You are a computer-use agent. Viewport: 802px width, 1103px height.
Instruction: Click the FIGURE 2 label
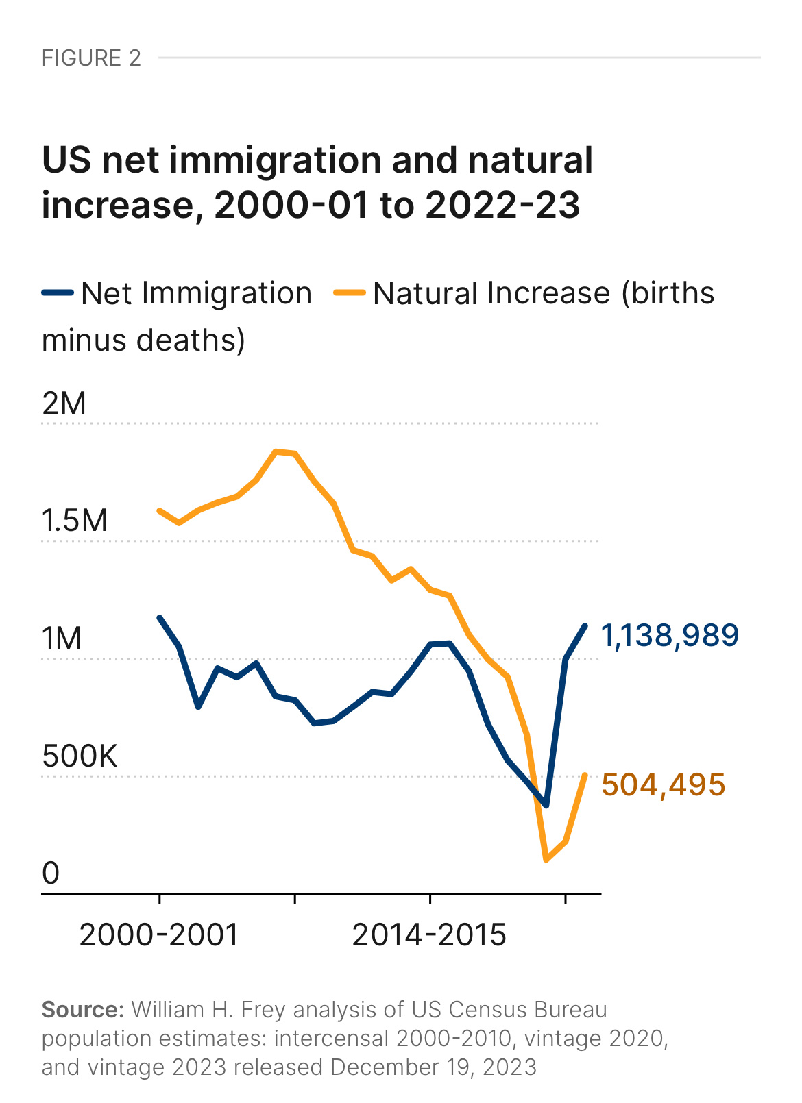click(91, 58)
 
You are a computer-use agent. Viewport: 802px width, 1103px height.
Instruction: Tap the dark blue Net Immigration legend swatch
click(58, 293)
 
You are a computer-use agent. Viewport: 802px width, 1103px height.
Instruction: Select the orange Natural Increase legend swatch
click(350, 293)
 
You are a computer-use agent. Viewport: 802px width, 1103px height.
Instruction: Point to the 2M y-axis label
click(64, 404)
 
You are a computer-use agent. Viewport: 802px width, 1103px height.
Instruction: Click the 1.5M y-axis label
click(75, 521)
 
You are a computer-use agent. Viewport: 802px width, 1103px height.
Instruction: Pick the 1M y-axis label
click(62, 639)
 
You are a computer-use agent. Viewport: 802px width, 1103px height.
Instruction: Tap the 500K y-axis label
click(80, 756)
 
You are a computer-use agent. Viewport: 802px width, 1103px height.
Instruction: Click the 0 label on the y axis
click(51, 873)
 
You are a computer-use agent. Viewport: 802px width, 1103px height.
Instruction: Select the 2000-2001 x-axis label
click(159, 935)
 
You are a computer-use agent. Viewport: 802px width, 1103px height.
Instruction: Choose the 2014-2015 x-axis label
click(429, 935)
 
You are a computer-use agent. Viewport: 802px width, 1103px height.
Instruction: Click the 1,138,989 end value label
click(670, 636)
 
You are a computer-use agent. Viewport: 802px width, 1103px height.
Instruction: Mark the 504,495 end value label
click(663, 785)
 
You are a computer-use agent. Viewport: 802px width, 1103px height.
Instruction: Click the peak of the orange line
click(276, 451)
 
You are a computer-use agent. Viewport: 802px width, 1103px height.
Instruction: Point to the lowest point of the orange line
click(546, 859)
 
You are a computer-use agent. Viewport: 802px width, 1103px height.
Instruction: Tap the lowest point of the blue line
click(546, 806)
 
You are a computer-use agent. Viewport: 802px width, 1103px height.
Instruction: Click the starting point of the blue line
click(159, 617)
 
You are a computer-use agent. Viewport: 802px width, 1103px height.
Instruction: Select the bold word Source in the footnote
click(82, 1010)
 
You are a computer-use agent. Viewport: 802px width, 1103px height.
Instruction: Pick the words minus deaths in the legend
click(143, 340)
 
